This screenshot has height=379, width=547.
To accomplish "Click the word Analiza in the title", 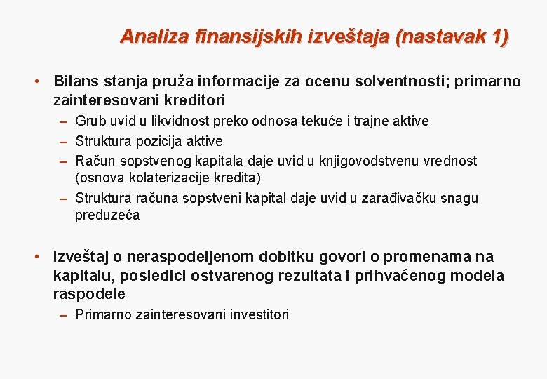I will tap(147, 36).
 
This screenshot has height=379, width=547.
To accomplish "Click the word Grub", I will tap(90, 121).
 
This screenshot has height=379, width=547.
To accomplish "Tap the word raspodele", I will tap(89, 293).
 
